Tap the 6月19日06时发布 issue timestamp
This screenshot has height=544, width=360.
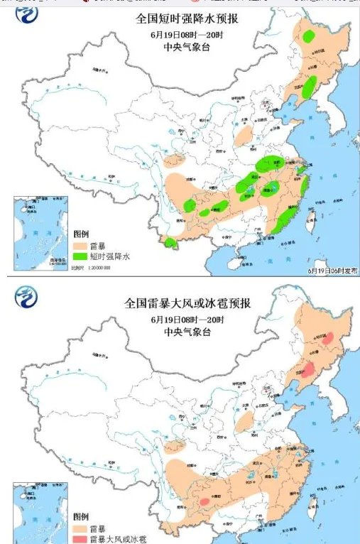(x=332, y=270)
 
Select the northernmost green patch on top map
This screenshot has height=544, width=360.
(x=309, y=36)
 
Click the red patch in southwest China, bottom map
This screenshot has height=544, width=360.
(x=204, y=501)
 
